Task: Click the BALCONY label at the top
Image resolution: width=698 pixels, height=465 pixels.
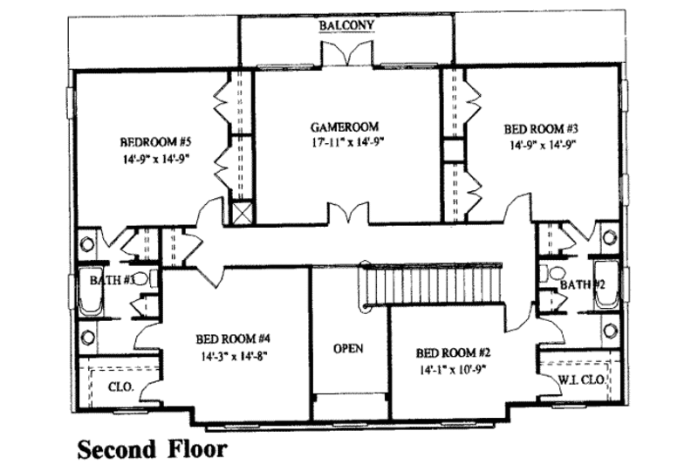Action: point(346,26)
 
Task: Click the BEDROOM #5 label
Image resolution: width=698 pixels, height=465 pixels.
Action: point(154,141)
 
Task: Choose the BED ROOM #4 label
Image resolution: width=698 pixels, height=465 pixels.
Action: point(231,338)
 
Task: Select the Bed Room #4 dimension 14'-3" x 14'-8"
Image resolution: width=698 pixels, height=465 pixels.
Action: point(231,355)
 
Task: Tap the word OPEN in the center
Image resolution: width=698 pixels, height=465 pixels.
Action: point(348,348)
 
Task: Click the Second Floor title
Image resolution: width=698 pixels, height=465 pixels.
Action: point(153,449)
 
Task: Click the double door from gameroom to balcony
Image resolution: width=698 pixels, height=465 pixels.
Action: point(347,53)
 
